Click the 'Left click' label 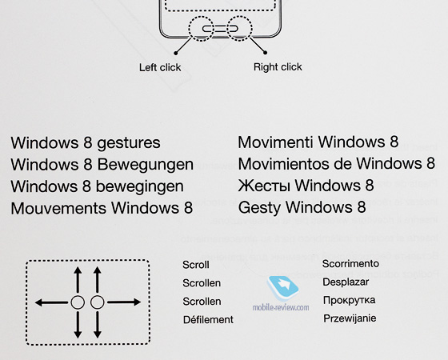[x=160, y=67]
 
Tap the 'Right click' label [x=278, y=67]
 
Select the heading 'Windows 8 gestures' [x=86, y=143]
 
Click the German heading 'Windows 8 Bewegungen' [x=102, y=165]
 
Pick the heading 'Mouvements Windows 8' [x=102, y=208]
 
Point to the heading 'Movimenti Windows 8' [x=318, y=142]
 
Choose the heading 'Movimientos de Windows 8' [x=337, y=163]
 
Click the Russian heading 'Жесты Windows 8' [x=306, y=185]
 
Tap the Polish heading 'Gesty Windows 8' [x=302, y=207]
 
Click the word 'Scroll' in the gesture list [x=196, y=265]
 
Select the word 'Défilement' [x=208, y=319]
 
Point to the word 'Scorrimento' [x=350, y=263]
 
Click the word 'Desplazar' [x=346, y=282]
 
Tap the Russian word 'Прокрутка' [x=349, y=300]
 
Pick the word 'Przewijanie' [x=350, y=318]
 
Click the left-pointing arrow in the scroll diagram [x=51, y=302]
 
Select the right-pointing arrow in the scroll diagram [x=124, y=302]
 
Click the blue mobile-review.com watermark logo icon [x=282, y=288]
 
